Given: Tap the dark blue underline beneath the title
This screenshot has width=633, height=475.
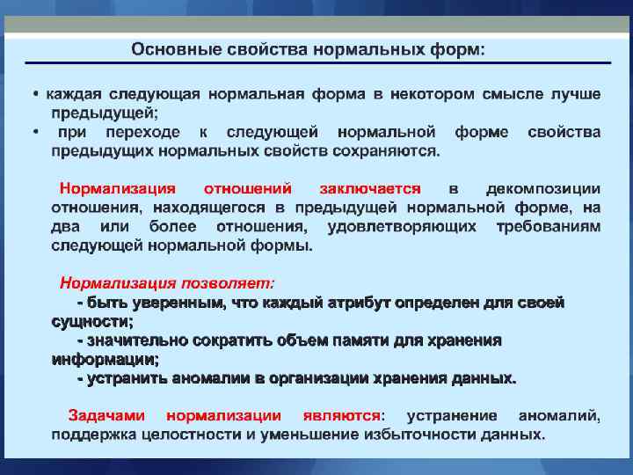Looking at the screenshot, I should click(x=316, y=63).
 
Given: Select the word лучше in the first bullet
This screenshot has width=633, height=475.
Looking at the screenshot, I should click(x=576, y=93).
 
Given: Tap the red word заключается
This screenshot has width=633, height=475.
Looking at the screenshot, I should click(x=370, y=189).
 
